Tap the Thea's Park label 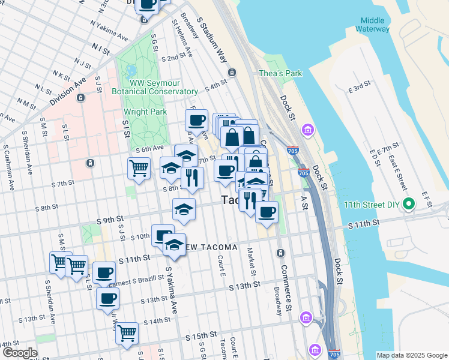(280, 73)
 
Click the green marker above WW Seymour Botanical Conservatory (131, 70)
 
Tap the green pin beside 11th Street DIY (409, 205)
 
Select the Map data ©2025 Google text (411, 355)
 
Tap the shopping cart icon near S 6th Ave (139, 168)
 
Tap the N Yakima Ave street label (109, 31)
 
